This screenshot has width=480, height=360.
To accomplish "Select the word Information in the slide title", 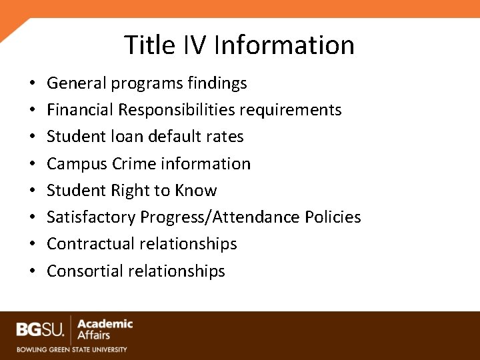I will click(x=285, y=45).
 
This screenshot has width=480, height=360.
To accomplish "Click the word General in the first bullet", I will click(x=72, y=83).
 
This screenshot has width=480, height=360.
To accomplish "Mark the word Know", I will click(x=196, y=191).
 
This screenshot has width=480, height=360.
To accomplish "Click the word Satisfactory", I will click(x=91, y=217).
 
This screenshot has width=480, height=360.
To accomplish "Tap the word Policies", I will click(x=333, y=217).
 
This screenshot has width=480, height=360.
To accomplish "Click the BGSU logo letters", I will click(x=41, y=329).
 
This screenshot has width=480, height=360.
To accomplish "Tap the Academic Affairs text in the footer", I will click(x=105, y=329).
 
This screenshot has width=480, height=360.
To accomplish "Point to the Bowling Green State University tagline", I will click(x=72, y=349).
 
